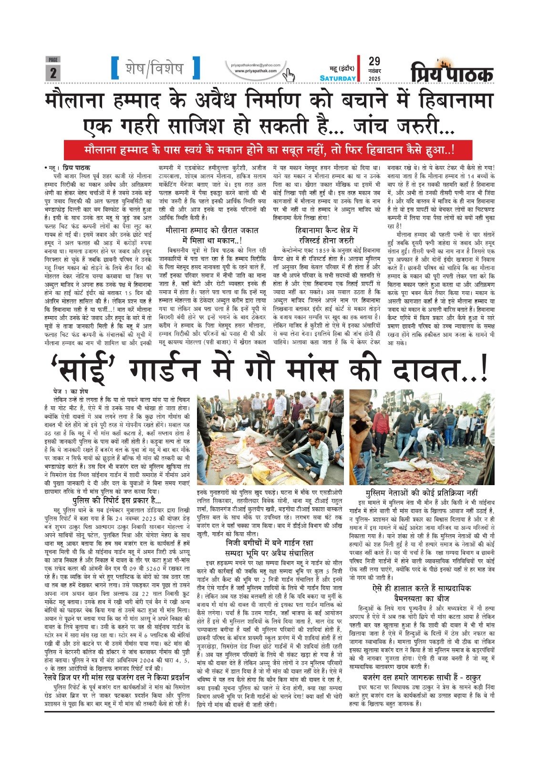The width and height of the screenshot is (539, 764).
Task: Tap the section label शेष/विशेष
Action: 155,68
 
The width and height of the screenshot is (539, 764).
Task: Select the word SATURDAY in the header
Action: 338,78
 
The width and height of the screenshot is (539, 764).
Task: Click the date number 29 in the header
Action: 374,61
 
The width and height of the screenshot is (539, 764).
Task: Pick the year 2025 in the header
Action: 374,78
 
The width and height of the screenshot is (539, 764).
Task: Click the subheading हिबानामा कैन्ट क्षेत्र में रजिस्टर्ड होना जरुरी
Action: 326,235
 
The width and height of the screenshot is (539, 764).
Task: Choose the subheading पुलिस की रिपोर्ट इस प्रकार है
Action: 116,501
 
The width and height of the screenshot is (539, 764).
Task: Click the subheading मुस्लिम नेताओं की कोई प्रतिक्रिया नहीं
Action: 421,492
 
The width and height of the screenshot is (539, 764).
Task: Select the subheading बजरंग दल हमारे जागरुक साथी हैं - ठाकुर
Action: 421,677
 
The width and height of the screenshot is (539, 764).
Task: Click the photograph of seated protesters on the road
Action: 270,437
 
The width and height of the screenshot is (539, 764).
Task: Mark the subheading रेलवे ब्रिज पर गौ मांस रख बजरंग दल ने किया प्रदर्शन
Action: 122,677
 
